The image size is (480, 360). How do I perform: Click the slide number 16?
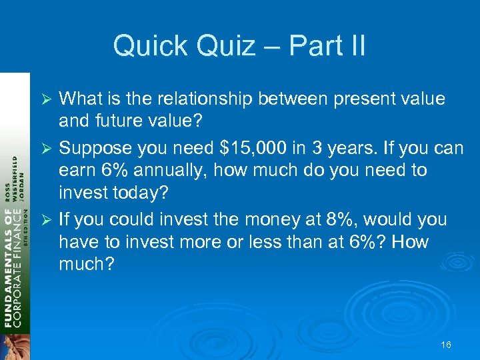tap(446, 345)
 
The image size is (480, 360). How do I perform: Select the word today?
tap(147, 193)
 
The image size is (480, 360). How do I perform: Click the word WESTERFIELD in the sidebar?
tap(15, 180)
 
